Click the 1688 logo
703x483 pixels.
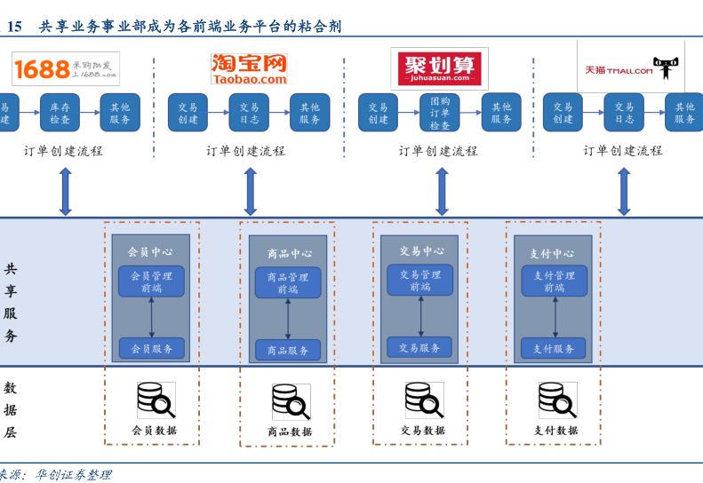(65, 69)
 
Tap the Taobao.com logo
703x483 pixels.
(249, 69)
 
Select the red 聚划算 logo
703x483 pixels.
(441, 68)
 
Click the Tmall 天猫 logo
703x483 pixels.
(630, 67)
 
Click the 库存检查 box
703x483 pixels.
(60, 113)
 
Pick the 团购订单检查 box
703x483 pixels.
(439, 113)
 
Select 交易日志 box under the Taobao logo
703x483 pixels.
(250, 113)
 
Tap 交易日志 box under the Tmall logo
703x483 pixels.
(624, 113)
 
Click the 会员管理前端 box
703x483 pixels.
(151, 281)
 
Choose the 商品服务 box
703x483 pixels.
(288, 350)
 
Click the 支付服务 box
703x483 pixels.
(554, 348)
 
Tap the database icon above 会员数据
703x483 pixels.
(156, 400)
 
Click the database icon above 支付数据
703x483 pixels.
(557, 400)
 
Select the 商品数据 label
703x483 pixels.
(290, 432)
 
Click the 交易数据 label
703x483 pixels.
(422, 431)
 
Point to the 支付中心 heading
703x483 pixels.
(552, 254)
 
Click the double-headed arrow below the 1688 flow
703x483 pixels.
(65, 191)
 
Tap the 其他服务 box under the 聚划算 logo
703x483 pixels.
(501, 113)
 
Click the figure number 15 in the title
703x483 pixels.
(14, 27)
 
